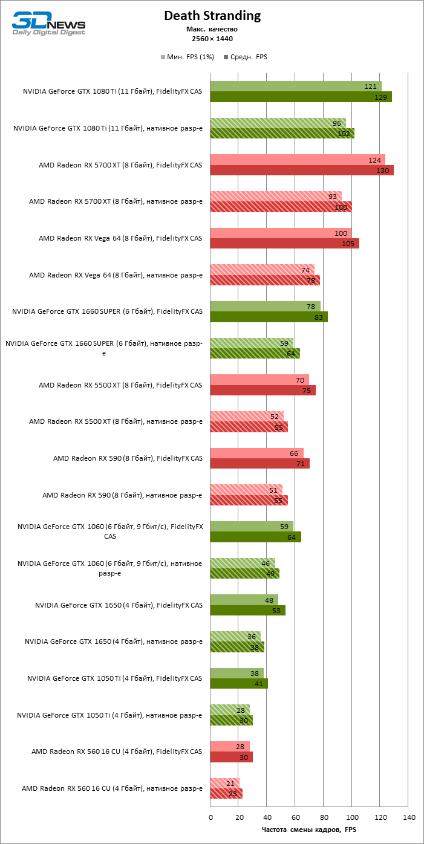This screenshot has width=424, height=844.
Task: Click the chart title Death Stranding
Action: pyautogui.click(x=212, y=16)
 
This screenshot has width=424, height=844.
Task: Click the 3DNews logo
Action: pyautogui.click(x=48, y=24)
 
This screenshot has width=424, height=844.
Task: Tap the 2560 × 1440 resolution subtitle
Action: pyautogui.click(x=212, y=39)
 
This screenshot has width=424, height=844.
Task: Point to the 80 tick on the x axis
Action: pyautogui.click(x=324, y=817)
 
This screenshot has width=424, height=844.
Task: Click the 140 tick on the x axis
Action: pyautogui.click(x=408, y=817)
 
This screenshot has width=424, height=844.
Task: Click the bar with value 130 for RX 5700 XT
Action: pyautogui.click(x=301, y=170)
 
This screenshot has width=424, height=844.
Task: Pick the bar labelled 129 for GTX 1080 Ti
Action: pyautogui.click(x=301, y=97)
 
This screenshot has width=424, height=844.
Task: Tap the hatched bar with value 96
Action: pyautogui.click(x=278, y=123)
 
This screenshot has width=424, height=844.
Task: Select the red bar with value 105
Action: pyautogui.click(x=284, y=244)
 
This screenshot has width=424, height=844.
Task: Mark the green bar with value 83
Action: pyautogui.click(x=269, y=317)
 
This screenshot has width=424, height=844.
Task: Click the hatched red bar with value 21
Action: pyautogui.click(x=224, y=783)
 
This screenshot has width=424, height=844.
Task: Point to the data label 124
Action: pyautogui.click(x=374, y=160)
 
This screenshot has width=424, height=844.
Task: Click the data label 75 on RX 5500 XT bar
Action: pyautogui.click(x=307, y=391)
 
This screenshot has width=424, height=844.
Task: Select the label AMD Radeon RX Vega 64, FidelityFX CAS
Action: pyautogui.click(x=120, y=238)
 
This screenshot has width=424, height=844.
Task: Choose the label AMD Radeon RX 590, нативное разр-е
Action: pyautogui.click(x=122, y=495)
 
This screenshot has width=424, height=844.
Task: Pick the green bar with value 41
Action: pyautogui.click(x=239, y=684)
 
